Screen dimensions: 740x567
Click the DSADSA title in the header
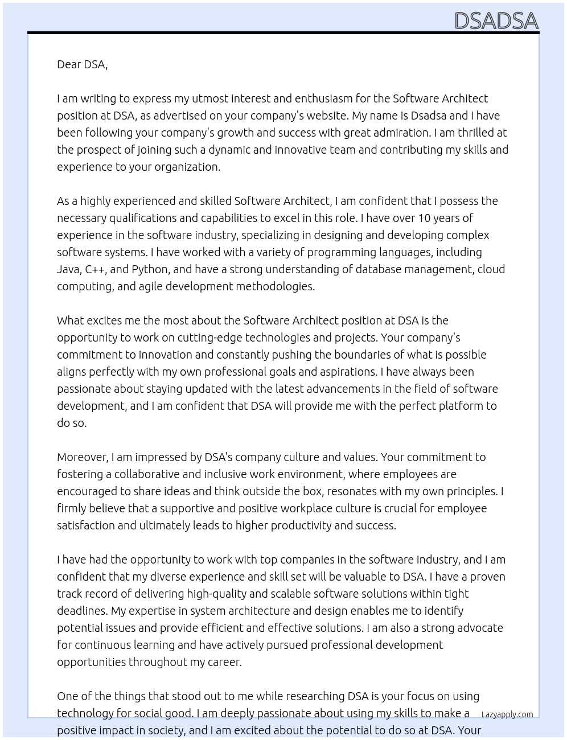click(x=496, y=20)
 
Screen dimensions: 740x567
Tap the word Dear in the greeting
click(x=69, y=64)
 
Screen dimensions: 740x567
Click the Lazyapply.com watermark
click(x=507, y=714)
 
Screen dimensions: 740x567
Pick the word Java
click(x=68, y=269)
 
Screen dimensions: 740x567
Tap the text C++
click(x=94, y=269)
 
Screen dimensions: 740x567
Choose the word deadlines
click(x=82, y=611)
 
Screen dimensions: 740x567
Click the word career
click(x=224, y=662)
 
